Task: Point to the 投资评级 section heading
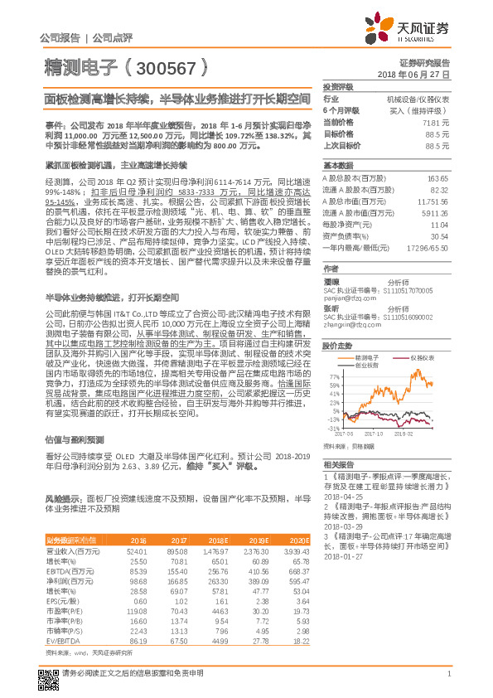pos(338,86)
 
